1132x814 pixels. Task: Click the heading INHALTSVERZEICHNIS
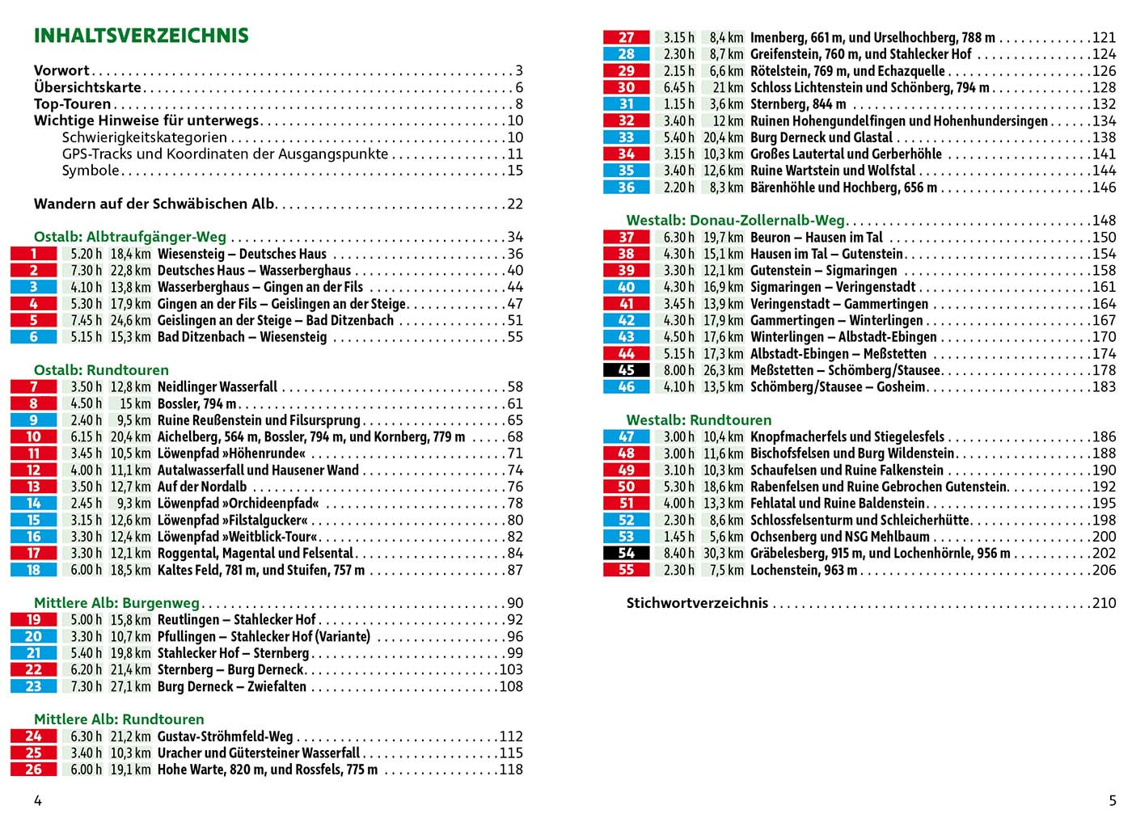click(x=141, y=36)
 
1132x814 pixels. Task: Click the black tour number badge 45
click(x=626, y=370)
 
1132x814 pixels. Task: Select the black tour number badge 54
click(x=626, y=553)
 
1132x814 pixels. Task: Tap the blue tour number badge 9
click(x=33, y=420)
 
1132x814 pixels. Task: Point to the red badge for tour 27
click(x=626, y=37)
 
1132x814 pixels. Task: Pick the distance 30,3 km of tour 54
click(x=723, y=553)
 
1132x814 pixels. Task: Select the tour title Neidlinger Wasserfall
click(x=217, y=387)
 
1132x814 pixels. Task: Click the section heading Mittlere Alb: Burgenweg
click(x=116, y=603)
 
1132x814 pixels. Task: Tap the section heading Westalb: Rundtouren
click(x=699, y=420)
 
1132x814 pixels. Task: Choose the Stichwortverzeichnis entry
click(x=697, y=603)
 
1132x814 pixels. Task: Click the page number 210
click(x=1103, y=603)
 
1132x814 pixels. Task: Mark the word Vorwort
click(x=61, y=70)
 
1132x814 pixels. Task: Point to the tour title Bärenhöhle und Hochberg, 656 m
click(x=843, y=188)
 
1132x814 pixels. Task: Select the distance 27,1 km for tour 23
click(x=130, y=686)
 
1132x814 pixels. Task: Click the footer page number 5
click(x=1112, y=800)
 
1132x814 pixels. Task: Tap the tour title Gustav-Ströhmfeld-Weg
click(x=225, y=736)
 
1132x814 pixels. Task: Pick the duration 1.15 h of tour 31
click(x=679, y=104)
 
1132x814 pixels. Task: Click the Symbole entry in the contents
click(x=91, y=171)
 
